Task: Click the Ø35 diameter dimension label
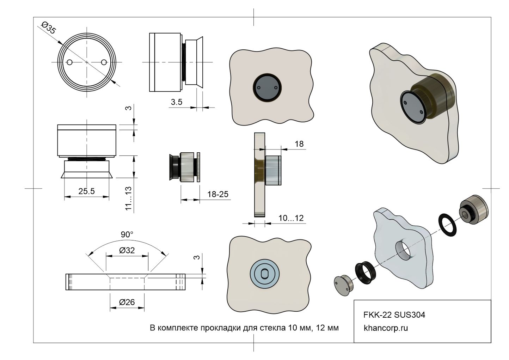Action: click(x=48, y=28)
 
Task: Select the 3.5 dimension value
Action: click(x=176, y=102)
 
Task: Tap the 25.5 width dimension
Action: click(x=86, y=191)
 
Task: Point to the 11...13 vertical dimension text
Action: click(x=129, y=199)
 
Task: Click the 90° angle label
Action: click(x=127, y=234)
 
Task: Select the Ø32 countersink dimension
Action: click(x=127, y=250)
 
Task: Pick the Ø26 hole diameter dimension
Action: click(x=127, y=302)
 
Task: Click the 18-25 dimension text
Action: click(x=218, y=194)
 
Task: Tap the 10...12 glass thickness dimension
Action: click(x=291, y=218)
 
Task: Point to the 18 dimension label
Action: click(x=299, y=144)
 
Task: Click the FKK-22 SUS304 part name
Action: click(x=394, y=315)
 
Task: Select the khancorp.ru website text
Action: click(x=386, y=328)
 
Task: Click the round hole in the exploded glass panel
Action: click(x=404, y=251)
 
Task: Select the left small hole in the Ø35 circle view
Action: click(x=70, y=62)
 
